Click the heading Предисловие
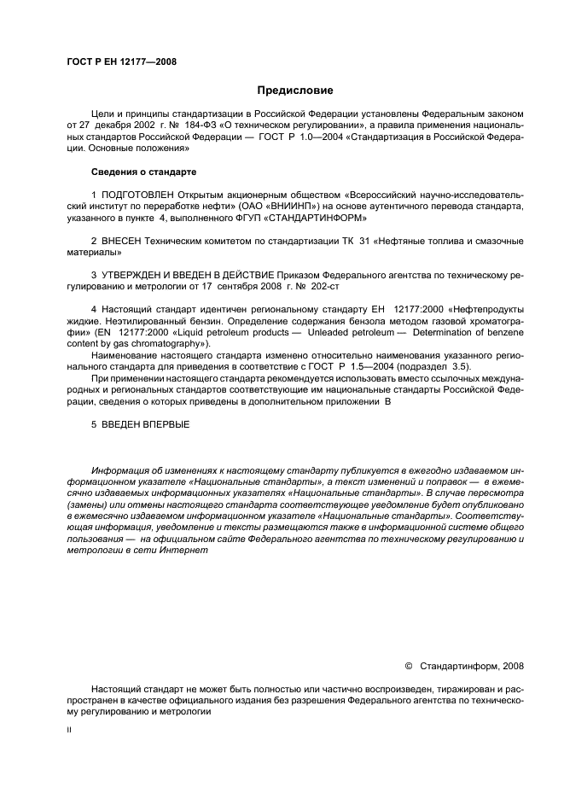coord(295,90)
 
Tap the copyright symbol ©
coord(408,665)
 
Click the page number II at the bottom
coord(70,731)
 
